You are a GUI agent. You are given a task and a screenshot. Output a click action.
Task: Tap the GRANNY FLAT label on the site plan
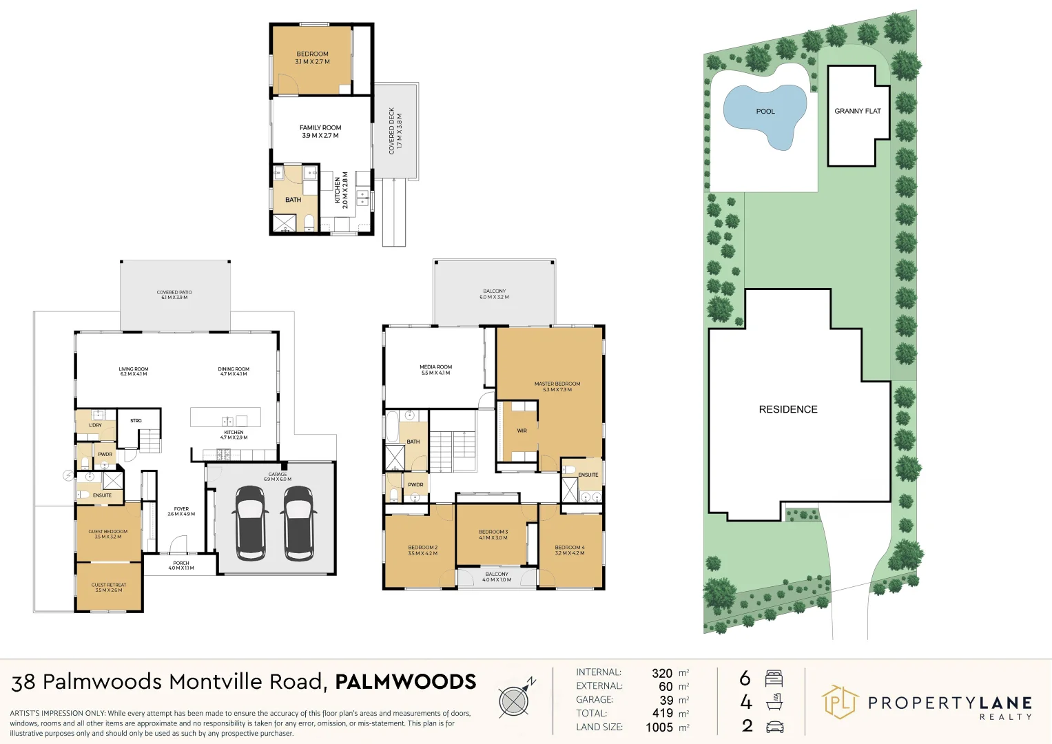coord(857,111)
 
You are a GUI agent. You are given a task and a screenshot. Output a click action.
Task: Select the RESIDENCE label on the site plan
coord(787,409)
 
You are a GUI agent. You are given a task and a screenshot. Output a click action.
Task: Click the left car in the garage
coord(249,523)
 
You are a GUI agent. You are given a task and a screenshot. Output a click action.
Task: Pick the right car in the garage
coord(299,523)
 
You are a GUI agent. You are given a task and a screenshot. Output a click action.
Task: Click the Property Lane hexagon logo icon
coord(839,702)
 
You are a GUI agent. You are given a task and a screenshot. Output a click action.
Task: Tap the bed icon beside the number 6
coord(774,679)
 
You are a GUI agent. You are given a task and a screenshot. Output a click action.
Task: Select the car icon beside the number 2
coord(774,726)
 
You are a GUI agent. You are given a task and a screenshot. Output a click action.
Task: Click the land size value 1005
coord(659,727)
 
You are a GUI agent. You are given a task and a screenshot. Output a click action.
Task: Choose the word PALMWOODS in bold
coord(405,682)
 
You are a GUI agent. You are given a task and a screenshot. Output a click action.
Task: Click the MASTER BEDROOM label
coord(557,386)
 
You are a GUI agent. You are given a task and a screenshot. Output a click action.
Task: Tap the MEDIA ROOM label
coord(435,370)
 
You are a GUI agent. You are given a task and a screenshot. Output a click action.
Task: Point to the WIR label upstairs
coord(522,431)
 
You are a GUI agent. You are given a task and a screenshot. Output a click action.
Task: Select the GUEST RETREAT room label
coord(109,587)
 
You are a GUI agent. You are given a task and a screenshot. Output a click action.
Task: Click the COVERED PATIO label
coord(174,295)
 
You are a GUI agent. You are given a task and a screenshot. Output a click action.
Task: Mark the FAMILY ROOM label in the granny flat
coord(320,131)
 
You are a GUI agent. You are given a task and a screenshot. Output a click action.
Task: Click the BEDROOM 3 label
coord(493,535)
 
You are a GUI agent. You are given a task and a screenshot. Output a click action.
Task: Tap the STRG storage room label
coord(136,420)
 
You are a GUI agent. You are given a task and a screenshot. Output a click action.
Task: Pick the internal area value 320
coord(661,673)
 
